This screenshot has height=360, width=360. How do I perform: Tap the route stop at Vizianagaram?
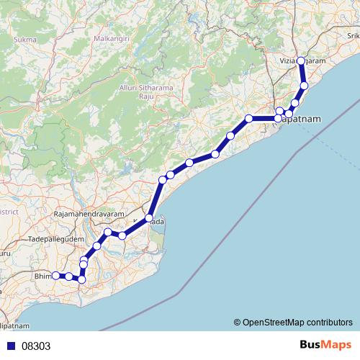[x=301, y=61]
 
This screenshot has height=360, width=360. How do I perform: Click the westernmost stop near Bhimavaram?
[x=55, y=275]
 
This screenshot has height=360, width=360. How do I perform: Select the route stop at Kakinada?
[x=149, y=217]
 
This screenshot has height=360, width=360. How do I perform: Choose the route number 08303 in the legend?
[x=36, y=346]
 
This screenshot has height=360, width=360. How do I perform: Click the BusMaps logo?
[x=325, y=346]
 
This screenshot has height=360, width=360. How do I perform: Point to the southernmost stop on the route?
[x=81, y=279]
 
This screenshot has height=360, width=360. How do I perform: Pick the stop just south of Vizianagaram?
[x=304, y=86]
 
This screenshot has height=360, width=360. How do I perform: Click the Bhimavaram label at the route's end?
[x=43, y=275]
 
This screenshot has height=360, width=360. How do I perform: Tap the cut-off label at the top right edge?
[x=353, y=34]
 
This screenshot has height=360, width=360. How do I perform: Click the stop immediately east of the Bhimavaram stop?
[x=68, y=276]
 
